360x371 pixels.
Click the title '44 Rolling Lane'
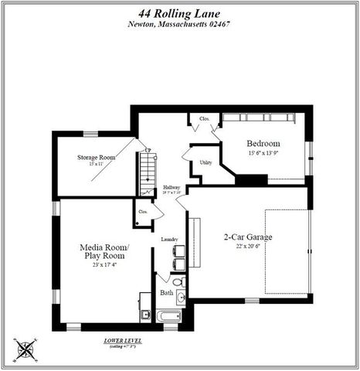(179, 11)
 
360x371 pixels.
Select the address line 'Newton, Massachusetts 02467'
(179, 23)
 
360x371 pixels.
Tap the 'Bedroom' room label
(263, 144)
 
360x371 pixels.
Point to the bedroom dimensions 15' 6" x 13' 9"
(263, 154)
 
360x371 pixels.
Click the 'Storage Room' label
(96, 157)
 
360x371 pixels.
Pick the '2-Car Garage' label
(248, 237)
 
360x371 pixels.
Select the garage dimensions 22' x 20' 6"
(248, 247)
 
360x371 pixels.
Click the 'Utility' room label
(205, 163)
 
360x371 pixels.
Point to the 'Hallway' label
(171, 188)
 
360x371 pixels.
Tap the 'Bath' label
(167, 293)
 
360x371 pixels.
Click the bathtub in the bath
(168, 316)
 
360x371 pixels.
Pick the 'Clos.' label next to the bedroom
(205, 119)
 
